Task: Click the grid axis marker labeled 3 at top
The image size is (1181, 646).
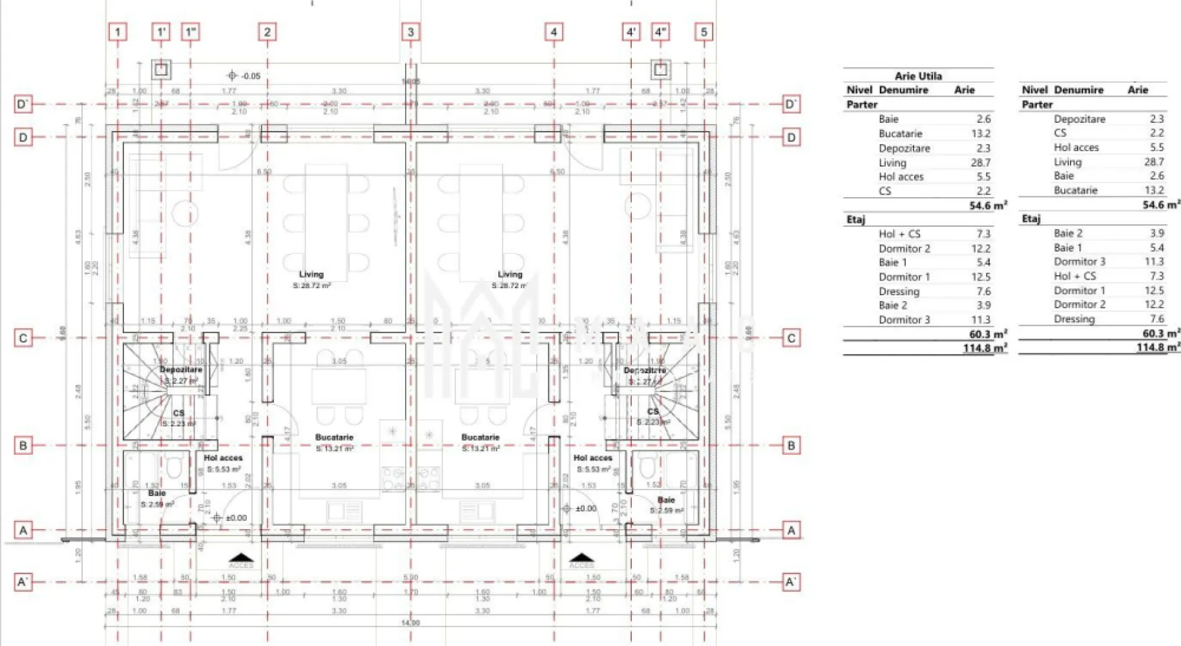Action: (411, 32)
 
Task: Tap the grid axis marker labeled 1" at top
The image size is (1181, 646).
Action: (191, 32)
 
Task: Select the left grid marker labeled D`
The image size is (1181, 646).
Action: (23, 104)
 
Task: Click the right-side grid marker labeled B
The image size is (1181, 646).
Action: (791, 445)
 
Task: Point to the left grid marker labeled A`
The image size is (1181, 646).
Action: (23, 581)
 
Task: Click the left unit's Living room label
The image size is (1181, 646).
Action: (311, 275)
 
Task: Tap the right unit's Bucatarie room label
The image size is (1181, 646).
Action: (480, 437)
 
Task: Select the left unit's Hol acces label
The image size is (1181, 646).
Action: (223, 457)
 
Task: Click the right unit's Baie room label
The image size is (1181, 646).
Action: (666, 500)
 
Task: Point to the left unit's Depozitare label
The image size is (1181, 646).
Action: (181, 370)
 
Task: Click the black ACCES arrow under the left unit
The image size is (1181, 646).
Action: (241, 557)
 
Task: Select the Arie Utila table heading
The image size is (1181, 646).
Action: (918, 76)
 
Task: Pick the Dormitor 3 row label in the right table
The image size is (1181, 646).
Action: (1079, 262)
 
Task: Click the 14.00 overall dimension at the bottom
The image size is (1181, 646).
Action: (410, 623)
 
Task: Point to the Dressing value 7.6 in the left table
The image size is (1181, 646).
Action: (983, 291)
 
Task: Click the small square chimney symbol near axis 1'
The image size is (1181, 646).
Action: (162, 69)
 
